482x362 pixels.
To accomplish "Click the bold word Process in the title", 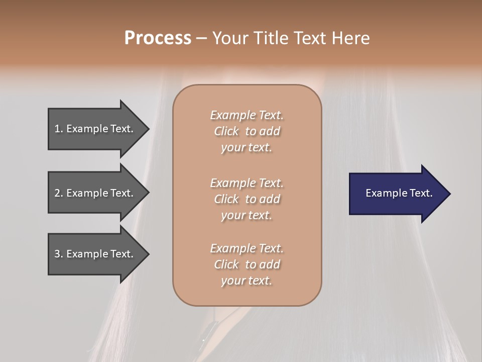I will click(x=158, y=38).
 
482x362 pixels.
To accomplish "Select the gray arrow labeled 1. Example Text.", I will click(x=95, y=129).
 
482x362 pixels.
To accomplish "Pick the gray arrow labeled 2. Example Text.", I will click(x=95, y=193).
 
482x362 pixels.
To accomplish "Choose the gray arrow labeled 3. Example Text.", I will click(x=95, y=254).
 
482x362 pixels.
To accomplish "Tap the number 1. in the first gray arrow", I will click(x=58, y=129).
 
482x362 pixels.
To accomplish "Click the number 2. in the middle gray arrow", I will click(x=58, y=193).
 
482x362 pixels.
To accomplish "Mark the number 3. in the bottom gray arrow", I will click(x=58, y=254).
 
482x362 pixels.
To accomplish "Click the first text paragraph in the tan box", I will click(x=247, y=131).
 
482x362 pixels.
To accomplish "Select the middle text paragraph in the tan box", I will click(x=247, y=199).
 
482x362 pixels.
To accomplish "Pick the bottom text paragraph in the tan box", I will click(x=247, y=264).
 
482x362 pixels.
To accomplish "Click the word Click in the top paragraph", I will click(x=226, y=131).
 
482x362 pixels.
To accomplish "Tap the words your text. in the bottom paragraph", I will click(x=247, y=281).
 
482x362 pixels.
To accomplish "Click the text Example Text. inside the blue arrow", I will click(x=399, y=193).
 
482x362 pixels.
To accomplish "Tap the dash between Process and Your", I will click(x=201, y=38).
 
